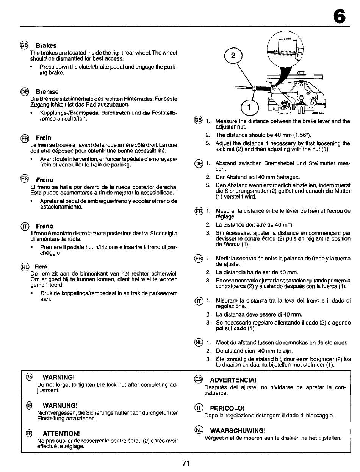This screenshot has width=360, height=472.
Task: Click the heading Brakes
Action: [47, 45]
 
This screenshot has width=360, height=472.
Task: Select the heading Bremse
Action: [47, 92]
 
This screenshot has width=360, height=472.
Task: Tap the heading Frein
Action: [44, 138]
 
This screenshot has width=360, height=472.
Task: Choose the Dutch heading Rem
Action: [41, 267]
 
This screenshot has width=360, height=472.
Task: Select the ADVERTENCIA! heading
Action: [231, 380]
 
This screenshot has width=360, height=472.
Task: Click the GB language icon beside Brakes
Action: [27, 45]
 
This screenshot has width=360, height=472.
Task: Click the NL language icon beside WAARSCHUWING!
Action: [197, 430]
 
